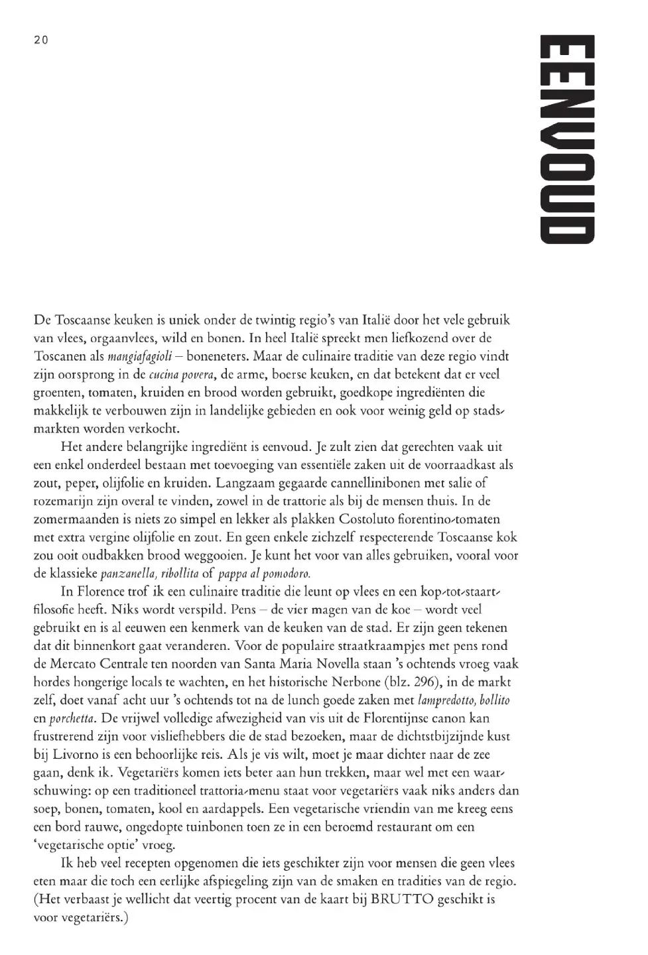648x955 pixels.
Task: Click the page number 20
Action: tap(41, 40)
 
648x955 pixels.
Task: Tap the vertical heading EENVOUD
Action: tap(566, 139)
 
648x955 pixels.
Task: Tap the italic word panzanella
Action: tap(127, 574)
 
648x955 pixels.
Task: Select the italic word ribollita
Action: tap(179, 574)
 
